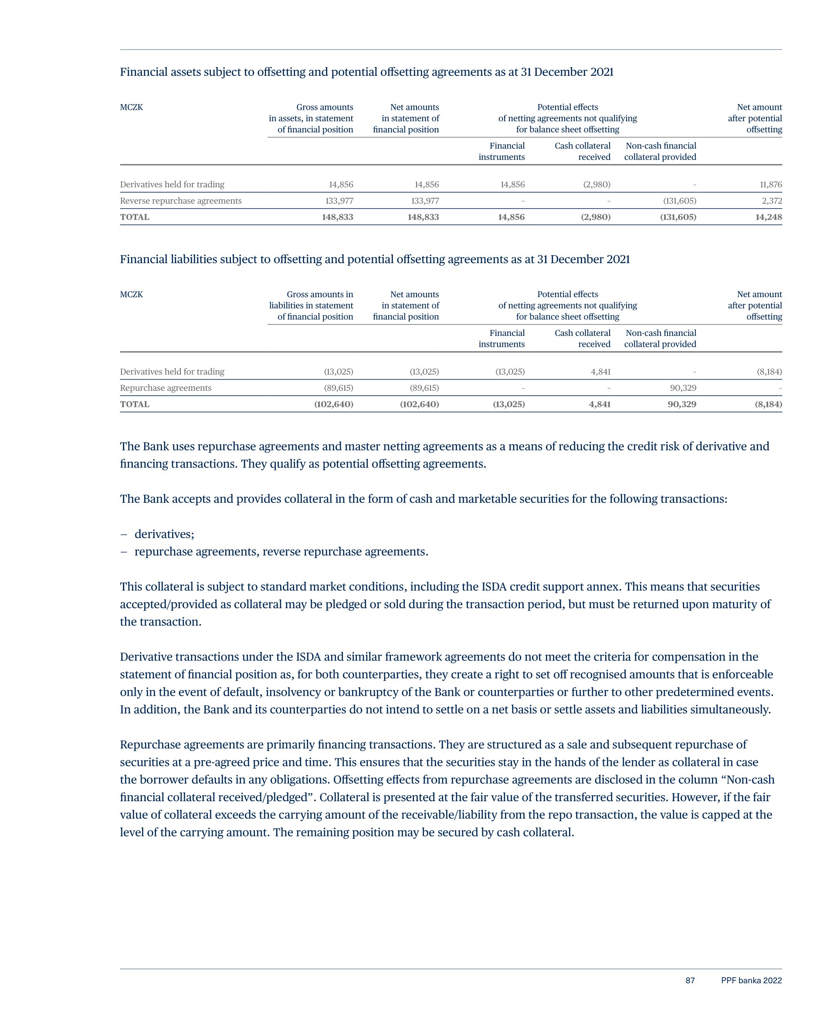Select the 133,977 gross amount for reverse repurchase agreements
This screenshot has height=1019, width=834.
339,201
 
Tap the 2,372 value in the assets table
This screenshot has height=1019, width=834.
772,201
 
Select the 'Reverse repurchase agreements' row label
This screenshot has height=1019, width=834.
181,201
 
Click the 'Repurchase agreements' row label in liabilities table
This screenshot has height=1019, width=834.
166,388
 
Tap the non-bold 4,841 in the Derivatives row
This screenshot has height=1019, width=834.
600,372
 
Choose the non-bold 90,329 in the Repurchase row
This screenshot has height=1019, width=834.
683,388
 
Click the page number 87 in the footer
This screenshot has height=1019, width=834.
690,981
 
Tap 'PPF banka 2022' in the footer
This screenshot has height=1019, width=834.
751,981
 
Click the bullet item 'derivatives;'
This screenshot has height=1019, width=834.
164,534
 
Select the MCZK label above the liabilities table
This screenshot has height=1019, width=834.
131,295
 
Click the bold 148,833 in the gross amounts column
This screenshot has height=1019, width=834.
337,217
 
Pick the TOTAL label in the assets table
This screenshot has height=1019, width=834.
135,217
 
